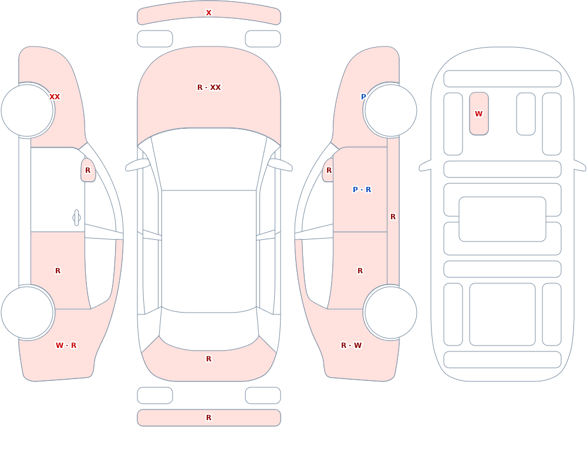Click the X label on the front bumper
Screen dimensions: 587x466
pyautogui.click(x=208, y=13)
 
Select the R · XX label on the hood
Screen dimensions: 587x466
pyautogui.click(x=209, y=88)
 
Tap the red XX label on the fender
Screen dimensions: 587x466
pyautogui.click(x=55, y=97)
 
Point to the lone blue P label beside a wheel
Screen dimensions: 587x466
pyautogui.click(x=363, y=97)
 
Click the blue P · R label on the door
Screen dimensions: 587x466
pyautogui.click(x=362, y=190)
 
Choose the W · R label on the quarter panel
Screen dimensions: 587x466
pyautogui.click(x=66, y=346)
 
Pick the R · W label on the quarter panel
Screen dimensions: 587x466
pyautogui.click(x=352, y=346)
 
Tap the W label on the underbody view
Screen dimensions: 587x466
pyautogui.click(x=478, y=114)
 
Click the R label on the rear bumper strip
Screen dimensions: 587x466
pyautogui.click(x=208, y=418)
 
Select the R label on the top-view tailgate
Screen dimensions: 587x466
pyautogui.click(x=208, y=359)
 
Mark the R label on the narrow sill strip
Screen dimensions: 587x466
pyautogui.click(x=393, y=217)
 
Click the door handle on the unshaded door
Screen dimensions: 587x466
pyautogui.click(x=76, y=218)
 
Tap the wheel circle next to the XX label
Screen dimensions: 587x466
pyautogui.click(x=28, y=110)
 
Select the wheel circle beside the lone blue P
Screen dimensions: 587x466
pyautogui.click(x=390, y=110)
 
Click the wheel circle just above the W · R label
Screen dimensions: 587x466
pyautogui.click(x=28, y=312)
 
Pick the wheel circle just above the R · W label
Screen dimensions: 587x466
pyautogui.click(x=390, y=312)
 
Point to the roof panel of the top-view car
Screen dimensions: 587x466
pyautogui.click(x=209, y=251)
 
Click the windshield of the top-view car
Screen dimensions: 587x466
pyautogui.click(x=209, y=159)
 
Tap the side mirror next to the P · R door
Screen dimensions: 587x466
pyautogui.click(x=328, y=170)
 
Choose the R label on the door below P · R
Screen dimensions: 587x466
pyautogui.click(x=360, y=271)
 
